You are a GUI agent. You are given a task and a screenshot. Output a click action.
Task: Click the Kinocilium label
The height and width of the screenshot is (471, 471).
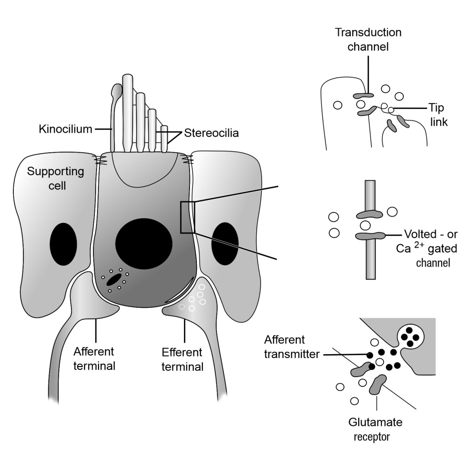[66, 130]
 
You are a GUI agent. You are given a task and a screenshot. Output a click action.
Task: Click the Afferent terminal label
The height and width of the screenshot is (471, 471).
[94, 359]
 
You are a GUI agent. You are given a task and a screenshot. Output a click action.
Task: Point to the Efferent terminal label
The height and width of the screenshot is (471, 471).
[182, 360]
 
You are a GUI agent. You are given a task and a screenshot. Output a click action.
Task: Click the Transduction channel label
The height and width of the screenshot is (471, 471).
[368, 39]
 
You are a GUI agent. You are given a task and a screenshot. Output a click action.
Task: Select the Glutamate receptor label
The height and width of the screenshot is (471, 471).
[372, 429]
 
